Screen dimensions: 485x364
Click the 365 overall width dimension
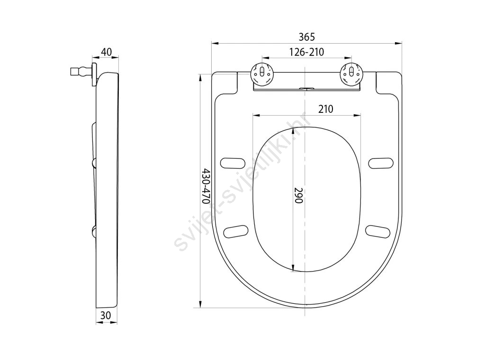point(306,37)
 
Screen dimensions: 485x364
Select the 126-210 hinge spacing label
point(306,52)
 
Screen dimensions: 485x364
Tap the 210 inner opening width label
point(326,109)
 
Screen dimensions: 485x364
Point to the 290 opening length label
point(298,195)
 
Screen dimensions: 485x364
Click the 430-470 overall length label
point(206,186)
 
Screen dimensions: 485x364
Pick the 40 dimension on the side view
point(107,52)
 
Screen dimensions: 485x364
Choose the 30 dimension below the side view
point(106,315)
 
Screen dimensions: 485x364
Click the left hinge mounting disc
point(261,73)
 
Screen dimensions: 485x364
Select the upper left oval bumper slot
point(232,163)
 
